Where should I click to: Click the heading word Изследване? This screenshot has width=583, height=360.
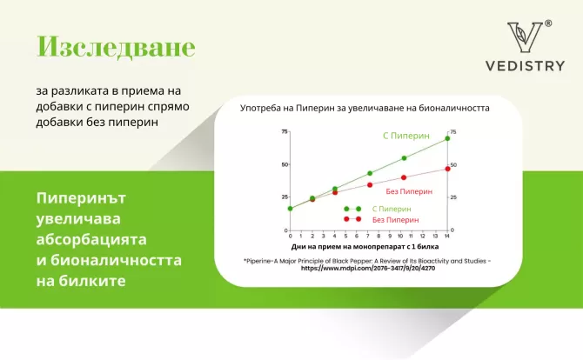point(115,48)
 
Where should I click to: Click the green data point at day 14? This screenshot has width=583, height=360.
point(447,138)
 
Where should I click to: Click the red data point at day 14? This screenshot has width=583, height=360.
point(447,169)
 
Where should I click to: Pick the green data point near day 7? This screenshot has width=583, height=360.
point(369,174)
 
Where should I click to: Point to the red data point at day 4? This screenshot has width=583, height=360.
point(335,192)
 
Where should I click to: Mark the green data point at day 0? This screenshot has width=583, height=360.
point(290,208)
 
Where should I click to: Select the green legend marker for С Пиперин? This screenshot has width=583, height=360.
point(352,210)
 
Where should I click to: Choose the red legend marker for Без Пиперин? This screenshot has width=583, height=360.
point(352,220)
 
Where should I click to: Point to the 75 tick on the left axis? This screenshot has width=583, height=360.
point(284,131)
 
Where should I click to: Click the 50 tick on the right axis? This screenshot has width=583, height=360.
point(453,164)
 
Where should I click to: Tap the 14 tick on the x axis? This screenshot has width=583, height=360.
point(447,236)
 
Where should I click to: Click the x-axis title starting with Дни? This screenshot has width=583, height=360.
point(369,247)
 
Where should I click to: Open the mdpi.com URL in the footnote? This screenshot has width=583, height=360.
point(369,269)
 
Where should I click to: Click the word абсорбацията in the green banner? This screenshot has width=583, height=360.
point(91,238)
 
